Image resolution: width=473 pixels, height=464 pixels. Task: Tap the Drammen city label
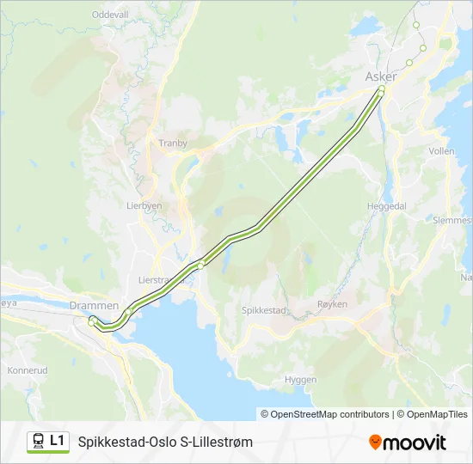94,306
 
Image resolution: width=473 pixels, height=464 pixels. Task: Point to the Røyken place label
332,304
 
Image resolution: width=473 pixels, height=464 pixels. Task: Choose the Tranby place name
173,143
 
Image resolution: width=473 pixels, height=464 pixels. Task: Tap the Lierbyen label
144,206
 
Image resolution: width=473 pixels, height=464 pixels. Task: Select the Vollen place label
441,150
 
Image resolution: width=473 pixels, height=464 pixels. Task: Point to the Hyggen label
301,379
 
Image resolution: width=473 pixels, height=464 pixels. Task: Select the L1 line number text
58,441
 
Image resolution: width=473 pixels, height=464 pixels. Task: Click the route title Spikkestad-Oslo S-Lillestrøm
165,442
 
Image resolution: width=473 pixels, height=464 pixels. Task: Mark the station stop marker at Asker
382,89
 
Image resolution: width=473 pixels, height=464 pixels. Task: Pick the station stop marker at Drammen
91,322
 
